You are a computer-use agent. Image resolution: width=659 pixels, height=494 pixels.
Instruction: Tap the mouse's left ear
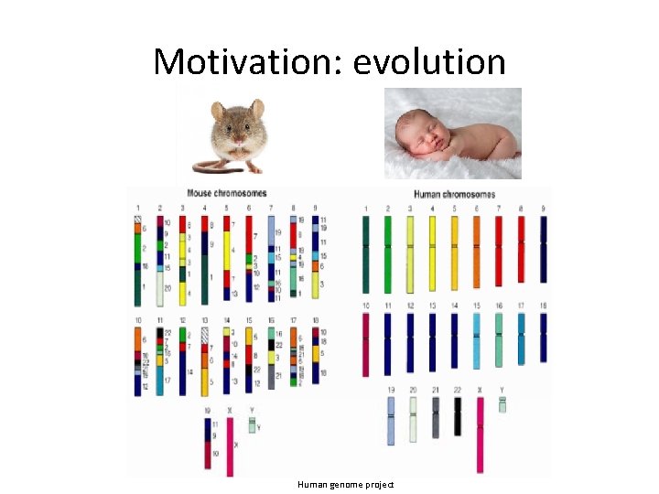pos(218,111)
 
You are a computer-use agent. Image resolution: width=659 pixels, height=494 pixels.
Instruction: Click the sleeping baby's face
pos(416,137)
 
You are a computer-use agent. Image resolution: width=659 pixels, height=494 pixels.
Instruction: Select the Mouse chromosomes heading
pos(226,193)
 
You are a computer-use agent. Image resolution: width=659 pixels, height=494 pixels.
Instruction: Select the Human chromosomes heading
pos(454,194)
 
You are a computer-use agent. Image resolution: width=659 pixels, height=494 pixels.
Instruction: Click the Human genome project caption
pos(345,484)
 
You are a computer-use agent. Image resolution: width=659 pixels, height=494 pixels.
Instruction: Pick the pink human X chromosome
pos(480,435)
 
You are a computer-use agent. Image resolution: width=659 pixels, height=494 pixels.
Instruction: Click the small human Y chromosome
pos(502,403)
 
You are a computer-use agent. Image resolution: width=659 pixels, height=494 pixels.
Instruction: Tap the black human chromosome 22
pos(458,416)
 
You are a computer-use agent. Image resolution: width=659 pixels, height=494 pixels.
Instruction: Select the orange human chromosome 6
pos(476,252)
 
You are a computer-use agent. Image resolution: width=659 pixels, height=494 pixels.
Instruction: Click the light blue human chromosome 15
pos(476,340)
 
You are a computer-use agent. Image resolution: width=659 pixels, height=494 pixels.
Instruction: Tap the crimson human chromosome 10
pos(365,344)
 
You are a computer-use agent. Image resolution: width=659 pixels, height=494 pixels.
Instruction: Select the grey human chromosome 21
pos(436,416)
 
